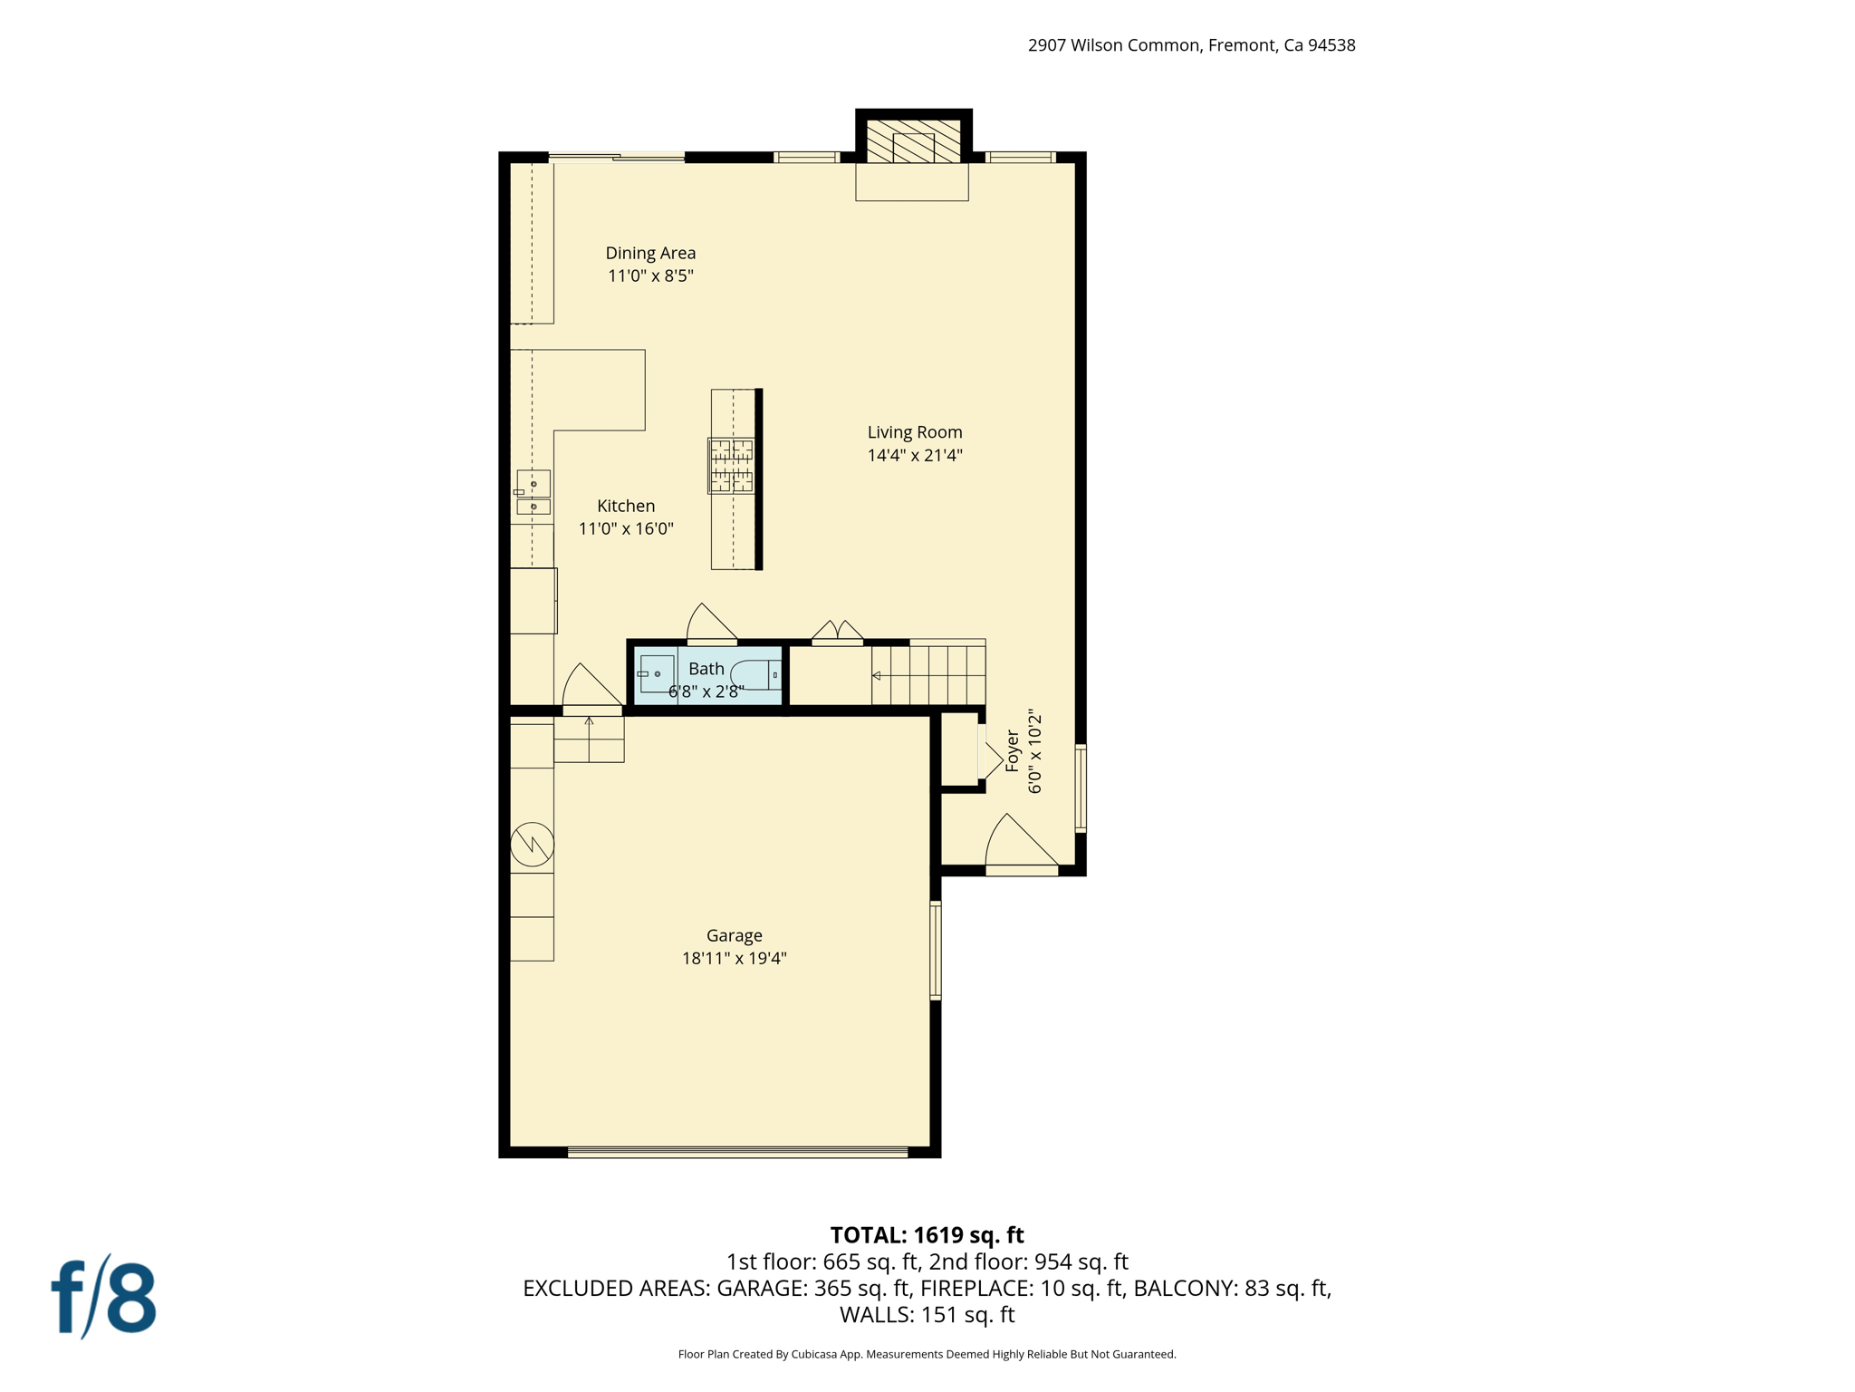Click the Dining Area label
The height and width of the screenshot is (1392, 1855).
[x=650, y=253]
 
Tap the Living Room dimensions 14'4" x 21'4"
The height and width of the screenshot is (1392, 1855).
[x=915, y=456]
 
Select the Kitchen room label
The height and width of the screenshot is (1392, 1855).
[x=626, y=506]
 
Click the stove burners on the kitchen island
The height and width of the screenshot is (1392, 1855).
[x=731, y=466]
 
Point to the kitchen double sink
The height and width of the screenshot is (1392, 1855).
[x=533, y=494]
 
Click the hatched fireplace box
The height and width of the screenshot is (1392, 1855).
[x=913, y=141]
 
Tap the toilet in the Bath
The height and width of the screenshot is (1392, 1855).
[x=754, y=675]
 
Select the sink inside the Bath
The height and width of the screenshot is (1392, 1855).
[x=656, y=674]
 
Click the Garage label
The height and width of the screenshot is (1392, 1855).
[x=734, y=935]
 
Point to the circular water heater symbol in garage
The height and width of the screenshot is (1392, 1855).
[x=532, y=845]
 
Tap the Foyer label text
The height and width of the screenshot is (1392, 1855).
[x=1013, y=751]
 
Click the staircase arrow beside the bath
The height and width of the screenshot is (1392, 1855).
[x=877, y=675]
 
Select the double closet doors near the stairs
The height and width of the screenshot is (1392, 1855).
[x=838, y=632]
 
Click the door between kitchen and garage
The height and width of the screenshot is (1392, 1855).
[x=590, y=689]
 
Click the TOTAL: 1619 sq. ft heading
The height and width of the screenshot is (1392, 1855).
[x=927, y=1235]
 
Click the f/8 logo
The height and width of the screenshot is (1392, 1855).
[x=104, y=1298]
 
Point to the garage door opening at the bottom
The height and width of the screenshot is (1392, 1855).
[x=737, y=1152]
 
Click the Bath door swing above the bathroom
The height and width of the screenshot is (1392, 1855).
[x=710, y=625]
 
